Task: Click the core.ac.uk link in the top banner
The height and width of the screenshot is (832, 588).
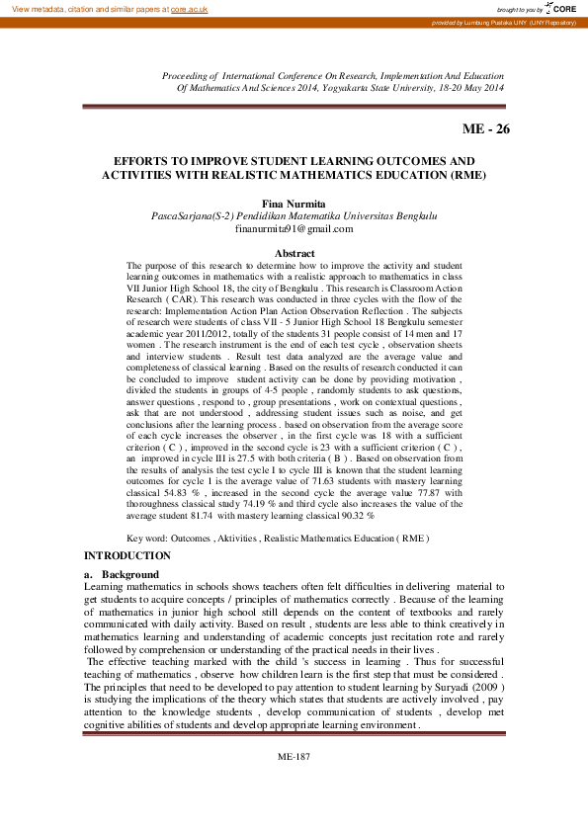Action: point(189,9)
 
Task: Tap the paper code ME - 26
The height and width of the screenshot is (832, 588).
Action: point(486,129)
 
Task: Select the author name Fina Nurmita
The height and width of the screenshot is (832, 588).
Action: point(294,203)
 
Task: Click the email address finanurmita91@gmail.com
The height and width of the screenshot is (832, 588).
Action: point(294,228)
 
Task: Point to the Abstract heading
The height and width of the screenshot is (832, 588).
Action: point(294,254)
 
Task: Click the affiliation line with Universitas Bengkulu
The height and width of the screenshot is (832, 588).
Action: point(294,215)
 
